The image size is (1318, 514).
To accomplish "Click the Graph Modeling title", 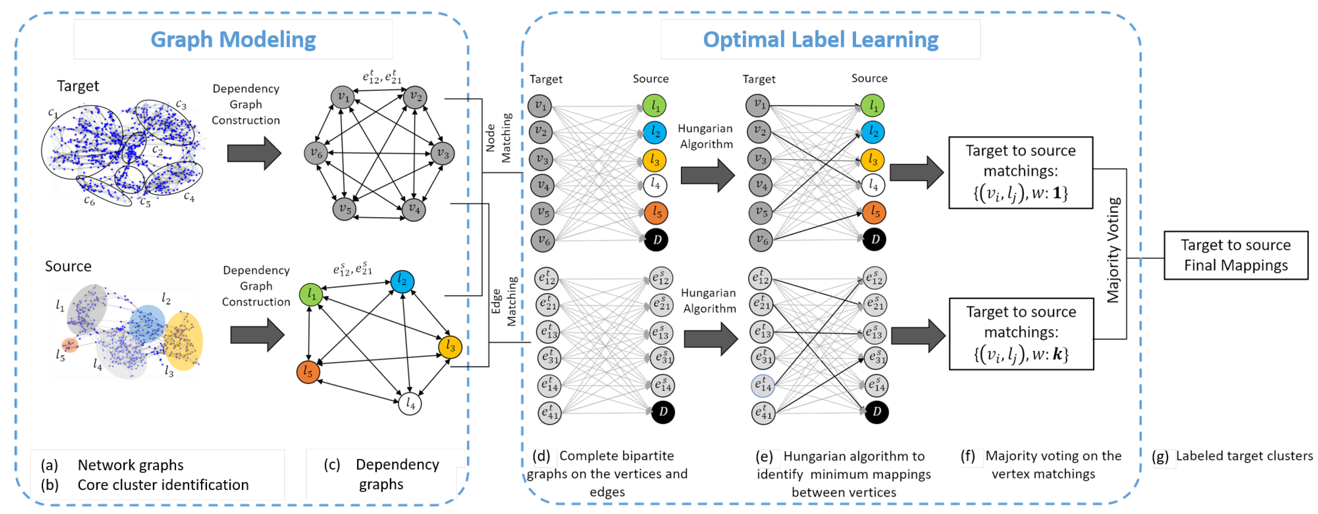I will point(233,40).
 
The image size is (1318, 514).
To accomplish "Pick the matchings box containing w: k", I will point(1021,333).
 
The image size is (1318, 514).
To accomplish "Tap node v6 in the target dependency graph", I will point(316,153).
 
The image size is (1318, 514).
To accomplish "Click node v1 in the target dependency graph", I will point(342,97).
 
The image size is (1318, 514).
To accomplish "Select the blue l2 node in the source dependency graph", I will point(402,281).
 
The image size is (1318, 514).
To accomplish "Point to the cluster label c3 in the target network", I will point(181,104).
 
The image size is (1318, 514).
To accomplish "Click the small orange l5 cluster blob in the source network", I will point(70,345).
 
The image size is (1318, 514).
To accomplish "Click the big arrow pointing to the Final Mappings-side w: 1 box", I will point(916,172).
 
